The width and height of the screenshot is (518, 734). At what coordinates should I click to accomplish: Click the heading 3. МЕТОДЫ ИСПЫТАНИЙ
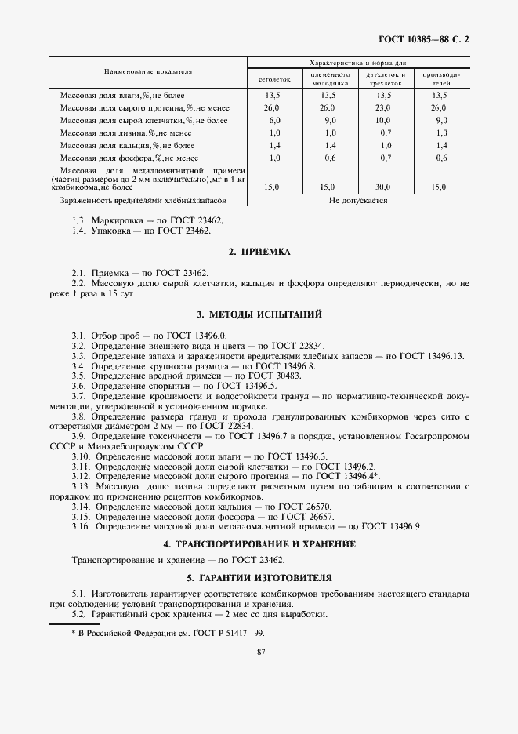coord(259,314)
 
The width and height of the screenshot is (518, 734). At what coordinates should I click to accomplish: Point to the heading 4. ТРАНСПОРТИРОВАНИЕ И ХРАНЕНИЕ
coord(259,543)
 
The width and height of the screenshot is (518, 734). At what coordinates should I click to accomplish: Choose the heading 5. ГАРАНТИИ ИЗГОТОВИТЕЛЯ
coord(259,576)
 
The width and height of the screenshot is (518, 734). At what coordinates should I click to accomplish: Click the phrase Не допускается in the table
coord(358,201)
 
